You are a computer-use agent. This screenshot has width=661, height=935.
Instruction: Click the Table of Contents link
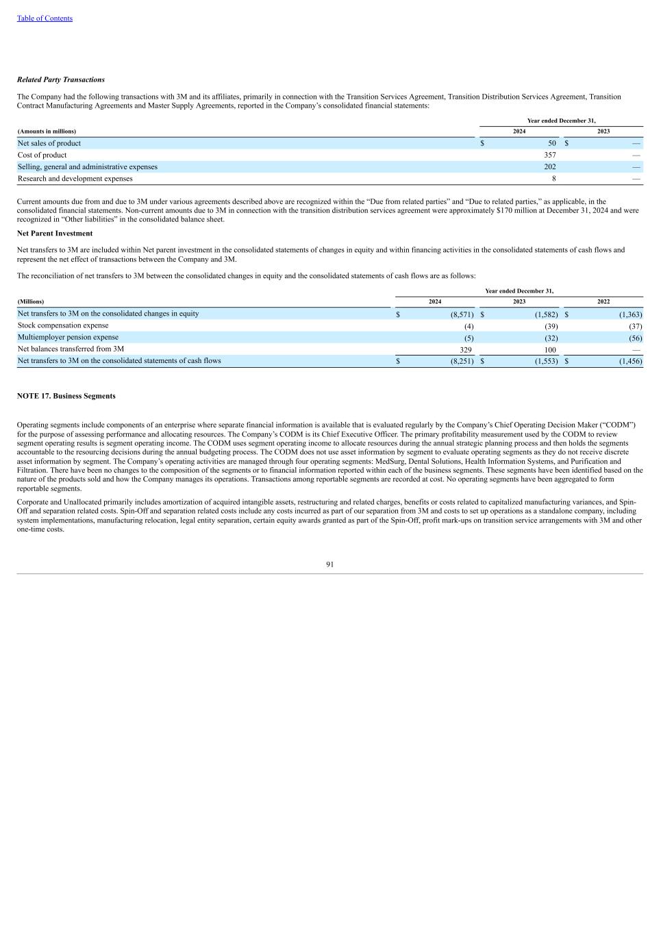45,18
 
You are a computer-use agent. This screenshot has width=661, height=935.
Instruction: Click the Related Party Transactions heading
61,80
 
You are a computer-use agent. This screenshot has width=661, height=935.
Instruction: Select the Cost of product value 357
549,155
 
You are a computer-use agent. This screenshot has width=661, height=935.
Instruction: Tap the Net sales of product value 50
551,143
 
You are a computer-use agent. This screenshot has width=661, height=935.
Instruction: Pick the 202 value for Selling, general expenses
549,166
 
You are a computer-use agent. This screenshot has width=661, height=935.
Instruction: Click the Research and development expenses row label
75,179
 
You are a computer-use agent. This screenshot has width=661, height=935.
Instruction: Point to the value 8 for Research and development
553,179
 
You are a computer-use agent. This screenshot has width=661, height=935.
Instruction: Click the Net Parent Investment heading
55,234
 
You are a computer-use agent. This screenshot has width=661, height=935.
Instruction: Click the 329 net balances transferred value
466,349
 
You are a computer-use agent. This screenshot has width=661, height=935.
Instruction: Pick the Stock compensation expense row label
63,325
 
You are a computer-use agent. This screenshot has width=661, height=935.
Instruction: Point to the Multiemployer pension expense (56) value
635,338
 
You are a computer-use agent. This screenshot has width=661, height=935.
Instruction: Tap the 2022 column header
603,301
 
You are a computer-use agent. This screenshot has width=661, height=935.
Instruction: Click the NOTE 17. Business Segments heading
66,396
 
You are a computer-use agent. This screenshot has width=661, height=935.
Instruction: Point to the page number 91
330,564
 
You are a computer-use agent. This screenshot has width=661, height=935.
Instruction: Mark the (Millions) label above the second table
31,301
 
